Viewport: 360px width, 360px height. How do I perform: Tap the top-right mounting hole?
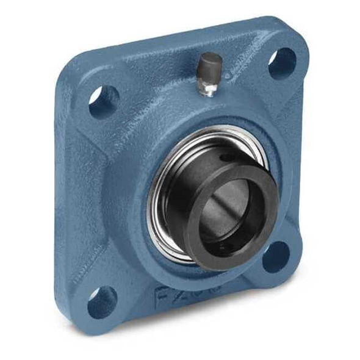(282, 62)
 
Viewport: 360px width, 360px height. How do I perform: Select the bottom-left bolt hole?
(101, 301)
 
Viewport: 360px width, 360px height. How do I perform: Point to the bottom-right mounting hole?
(276, 257)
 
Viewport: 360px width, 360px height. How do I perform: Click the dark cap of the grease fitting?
(211, 64)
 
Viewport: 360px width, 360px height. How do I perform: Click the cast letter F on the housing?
(162, 298)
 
